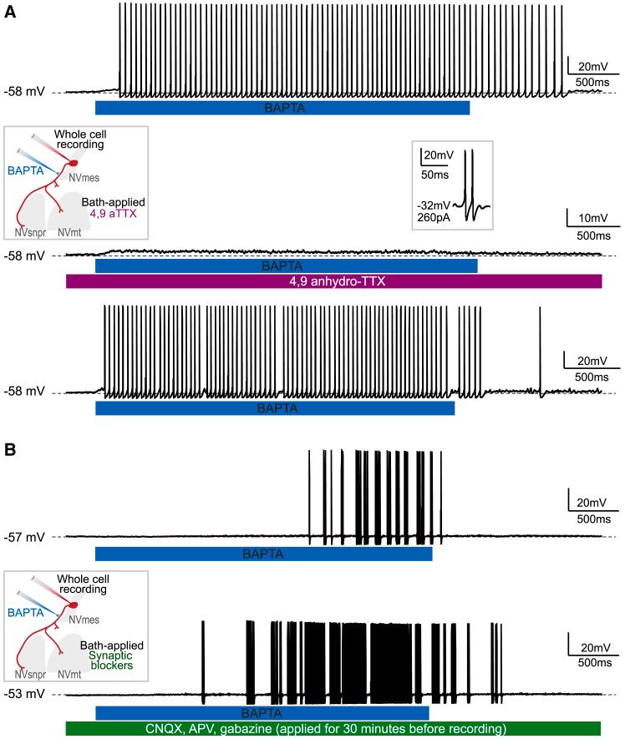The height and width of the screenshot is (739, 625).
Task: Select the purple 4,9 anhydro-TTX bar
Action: click(333, 281)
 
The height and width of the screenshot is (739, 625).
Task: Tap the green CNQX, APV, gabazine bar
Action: click(333, 728)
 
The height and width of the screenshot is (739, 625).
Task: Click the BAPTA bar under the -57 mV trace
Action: click(263, 553)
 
